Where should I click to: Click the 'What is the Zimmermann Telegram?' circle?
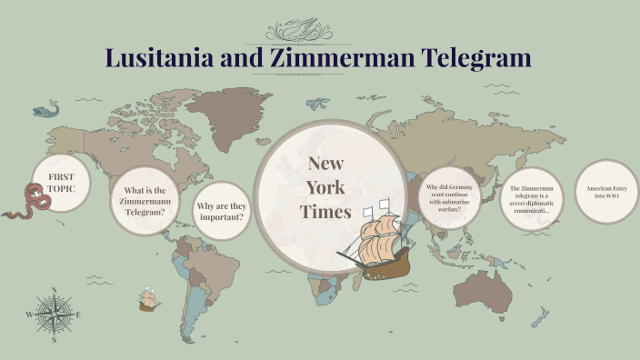click(144, 201)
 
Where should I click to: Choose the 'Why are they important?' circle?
click(221, 212)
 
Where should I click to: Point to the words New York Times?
click(325, 188)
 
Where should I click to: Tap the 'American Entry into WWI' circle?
click(606, 192)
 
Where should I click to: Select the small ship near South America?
click(147, 300)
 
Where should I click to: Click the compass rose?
click(54, 315)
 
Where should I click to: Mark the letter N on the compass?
click(54, 291)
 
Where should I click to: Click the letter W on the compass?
click(30, 315)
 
